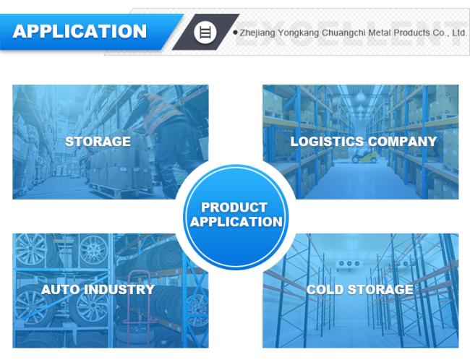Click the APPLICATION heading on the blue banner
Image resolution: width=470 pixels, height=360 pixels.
80,31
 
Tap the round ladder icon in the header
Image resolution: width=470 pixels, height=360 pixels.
205,32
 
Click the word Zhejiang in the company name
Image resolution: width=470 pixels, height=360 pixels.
257,33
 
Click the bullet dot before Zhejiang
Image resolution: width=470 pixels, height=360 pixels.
235,32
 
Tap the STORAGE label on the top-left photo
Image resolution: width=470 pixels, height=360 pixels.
98,142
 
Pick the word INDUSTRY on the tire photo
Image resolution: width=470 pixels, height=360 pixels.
119,290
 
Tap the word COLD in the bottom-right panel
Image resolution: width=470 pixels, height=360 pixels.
325,290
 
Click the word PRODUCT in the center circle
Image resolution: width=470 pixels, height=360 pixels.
234,207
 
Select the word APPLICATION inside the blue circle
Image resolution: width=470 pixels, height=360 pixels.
236,222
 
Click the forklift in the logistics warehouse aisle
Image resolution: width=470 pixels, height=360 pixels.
364,156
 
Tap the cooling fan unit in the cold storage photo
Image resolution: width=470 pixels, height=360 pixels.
349,265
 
